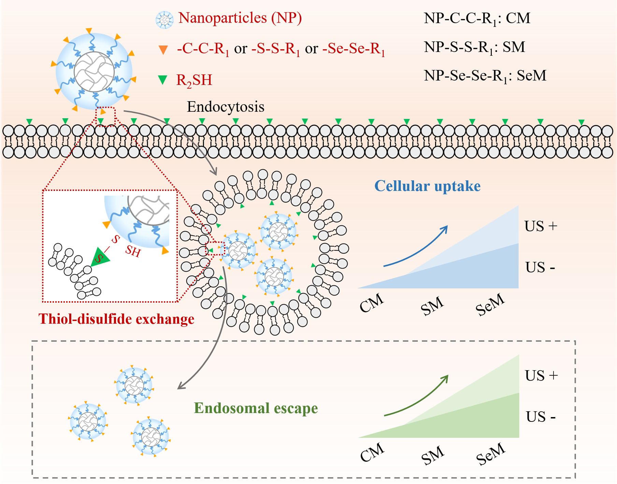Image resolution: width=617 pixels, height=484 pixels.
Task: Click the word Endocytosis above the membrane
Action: coord(225,107)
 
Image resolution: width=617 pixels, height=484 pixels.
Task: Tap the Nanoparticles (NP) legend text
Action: coord(240,18)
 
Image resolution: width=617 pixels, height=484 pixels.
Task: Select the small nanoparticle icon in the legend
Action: coord(164,20)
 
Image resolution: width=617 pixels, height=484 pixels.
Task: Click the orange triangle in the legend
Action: coord(163,50)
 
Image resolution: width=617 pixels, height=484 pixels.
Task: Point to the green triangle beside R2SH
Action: coord(163,80)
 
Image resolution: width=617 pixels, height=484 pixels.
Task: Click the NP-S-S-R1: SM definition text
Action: coord(474,47)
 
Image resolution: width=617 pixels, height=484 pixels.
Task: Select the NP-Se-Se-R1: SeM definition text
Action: coord(485,75)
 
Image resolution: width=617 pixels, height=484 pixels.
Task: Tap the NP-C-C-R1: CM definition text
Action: coord(477,18)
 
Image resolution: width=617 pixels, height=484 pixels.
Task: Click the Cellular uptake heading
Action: coord(427,186)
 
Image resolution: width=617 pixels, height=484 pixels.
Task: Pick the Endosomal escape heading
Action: coord(256,408)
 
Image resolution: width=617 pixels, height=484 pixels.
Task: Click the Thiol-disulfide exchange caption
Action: coord(116,319)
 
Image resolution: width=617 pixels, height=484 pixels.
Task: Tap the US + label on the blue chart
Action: coord(541,226)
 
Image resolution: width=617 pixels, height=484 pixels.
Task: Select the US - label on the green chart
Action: coord(541,417)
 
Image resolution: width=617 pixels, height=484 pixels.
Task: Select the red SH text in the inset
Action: coord(132,251)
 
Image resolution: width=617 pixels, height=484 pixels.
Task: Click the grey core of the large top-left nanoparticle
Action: coord(94,72)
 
